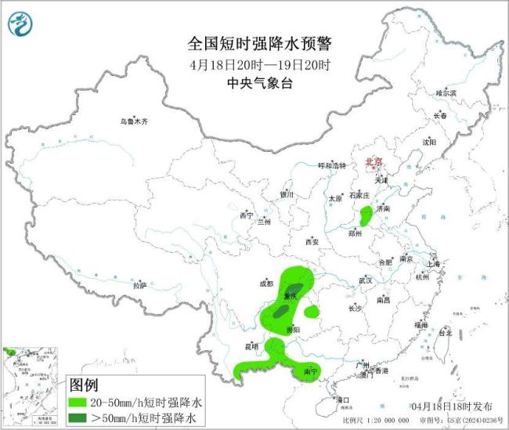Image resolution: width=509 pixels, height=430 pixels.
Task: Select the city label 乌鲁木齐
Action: (x=133, y=121)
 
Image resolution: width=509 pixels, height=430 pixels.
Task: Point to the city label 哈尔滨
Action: (x=446, y=92)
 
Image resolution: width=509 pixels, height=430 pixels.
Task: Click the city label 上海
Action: (x=435, y=264)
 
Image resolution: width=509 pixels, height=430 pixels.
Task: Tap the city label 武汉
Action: (x=366, y=280)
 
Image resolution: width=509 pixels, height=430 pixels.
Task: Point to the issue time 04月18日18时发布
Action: (x=452, y=407)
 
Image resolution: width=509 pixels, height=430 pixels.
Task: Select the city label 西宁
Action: (x=247, y=215)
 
